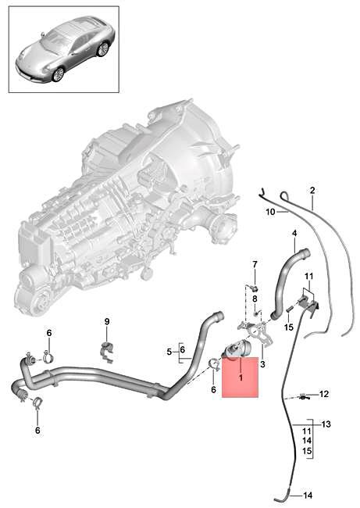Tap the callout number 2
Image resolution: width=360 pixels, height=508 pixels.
pos(312,190)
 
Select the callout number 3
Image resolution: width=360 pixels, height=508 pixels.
pos(262,364)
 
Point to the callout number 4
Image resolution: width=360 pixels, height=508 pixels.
pos(294,234)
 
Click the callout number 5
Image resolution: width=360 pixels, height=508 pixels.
pos(169,352)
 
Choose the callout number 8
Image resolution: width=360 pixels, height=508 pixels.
pos(254,299)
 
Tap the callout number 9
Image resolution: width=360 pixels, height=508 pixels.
pos(108,321)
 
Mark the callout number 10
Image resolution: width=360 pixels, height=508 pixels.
pos(269,212)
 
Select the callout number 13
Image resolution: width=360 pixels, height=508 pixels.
pos(326,424)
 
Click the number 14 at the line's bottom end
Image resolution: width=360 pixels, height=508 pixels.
pos(308,495)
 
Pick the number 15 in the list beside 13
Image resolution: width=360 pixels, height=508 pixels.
pos(308,453)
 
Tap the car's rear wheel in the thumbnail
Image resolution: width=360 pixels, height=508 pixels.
pos(102,48)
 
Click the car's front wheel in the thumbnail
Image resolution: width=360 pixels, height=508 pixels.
pos(58,73)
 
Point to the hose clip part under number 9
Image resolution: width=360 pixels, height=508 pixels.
pos(107,349)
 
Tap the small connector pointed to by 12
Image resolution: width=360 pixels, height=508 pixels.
pos(302,394)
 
